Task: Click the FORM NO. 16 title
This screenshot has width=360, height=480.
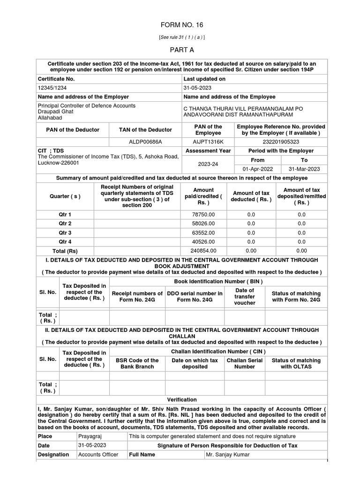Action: [182, 25]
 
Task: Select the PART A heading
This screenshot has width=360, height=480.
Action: [182, 49]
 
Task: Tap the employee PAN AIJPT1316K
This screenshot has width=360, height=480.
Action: [208, 141]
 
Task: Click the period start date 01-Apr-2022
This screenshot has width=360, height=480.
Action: [258, 169]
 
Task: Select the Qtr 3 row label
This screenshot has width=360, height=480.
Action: [65, 232]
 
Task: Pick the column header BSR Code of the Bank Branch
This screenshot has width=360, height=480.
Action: [137, 363]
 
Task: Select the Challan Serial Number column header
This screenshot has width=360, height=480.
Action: [244, 363]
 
